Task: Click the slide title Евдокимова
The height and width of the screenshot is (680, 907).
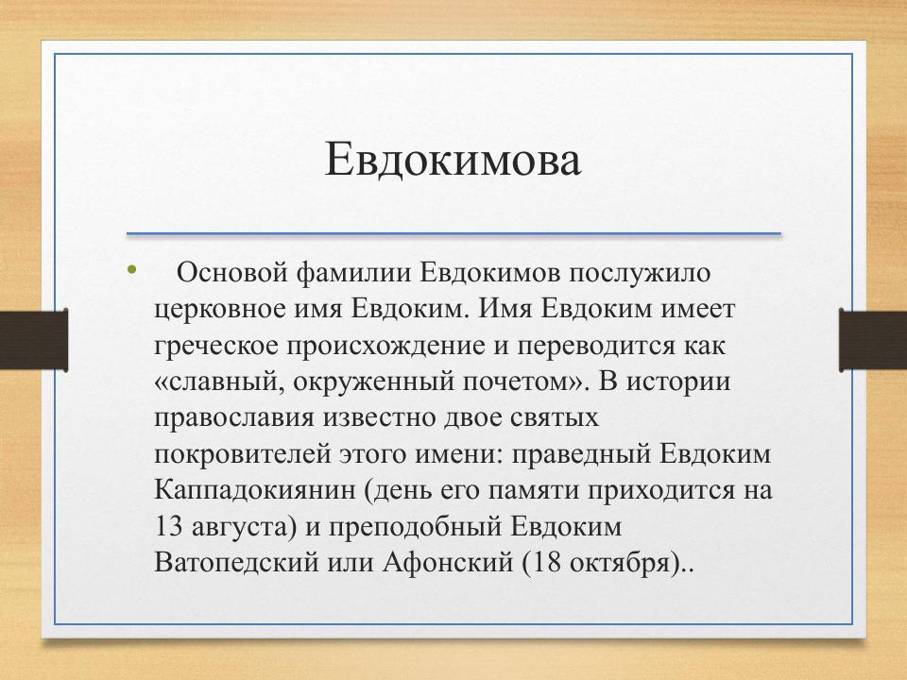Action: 453,160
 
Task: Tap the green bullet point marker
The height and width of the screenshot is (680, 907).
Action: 132,273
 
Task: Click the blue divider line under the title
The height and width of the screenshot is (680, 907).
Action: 453,233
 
